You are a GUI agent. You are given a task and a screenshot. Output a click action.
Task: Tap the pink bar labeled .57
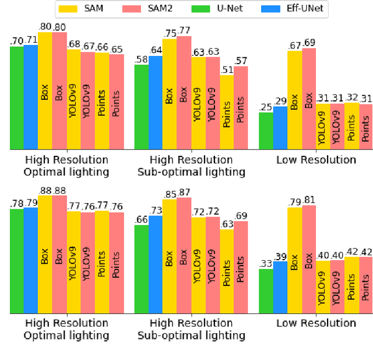click(240, 108)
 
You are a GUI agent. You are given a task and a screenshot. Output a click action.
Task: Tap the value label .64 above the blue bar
click(155, 50)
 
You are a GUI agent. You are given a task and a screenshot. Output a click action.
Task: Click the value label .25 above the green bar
click(265, 107)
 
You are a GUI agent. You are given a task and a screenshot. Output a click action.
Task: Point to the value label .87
click(184, 192)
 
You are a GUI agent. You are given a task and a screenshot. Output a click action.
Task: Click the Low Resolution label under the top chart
click(315, 160)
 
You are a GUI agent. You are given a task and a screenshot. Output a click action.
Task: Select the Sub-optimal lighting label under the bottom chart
click(191, 335)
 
